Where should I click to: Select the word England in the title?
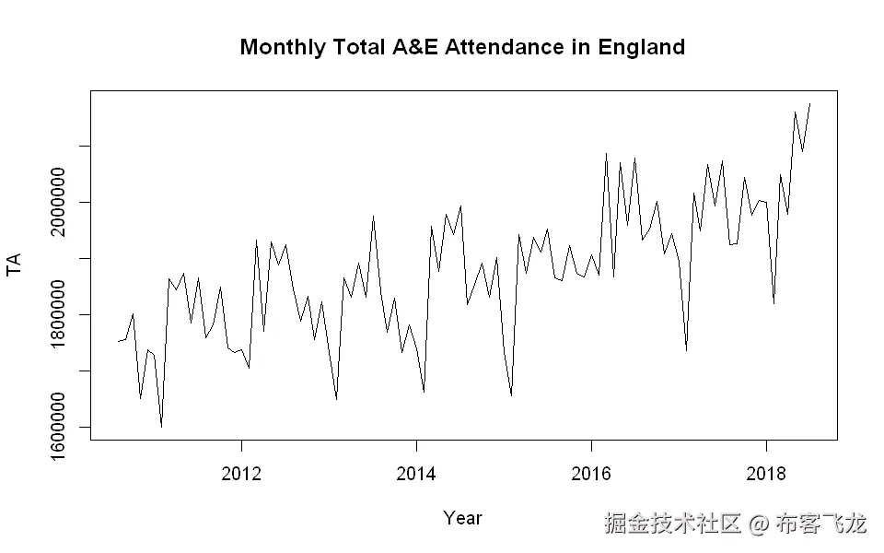point(642,47)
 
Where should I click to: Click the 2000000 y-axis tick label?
point(59,202)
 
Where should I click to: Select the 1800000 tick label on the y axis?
point(59,314)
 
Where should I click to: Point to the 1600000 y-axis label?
point(59,427)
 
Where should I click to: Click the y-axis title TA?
point(14,265)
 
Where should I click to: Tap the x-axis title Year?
point(462,518)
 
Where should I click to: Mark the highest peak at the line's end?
point(809,103)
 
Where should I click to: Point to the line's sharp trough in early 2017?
point(686,350)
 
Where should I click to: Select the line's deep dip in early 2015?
point(511,395)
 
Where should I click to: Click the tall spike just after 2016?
point(606,153)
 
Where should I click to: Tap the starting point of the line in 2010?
point(118,341)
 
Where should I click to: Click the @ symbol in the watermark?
point(759,524)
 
